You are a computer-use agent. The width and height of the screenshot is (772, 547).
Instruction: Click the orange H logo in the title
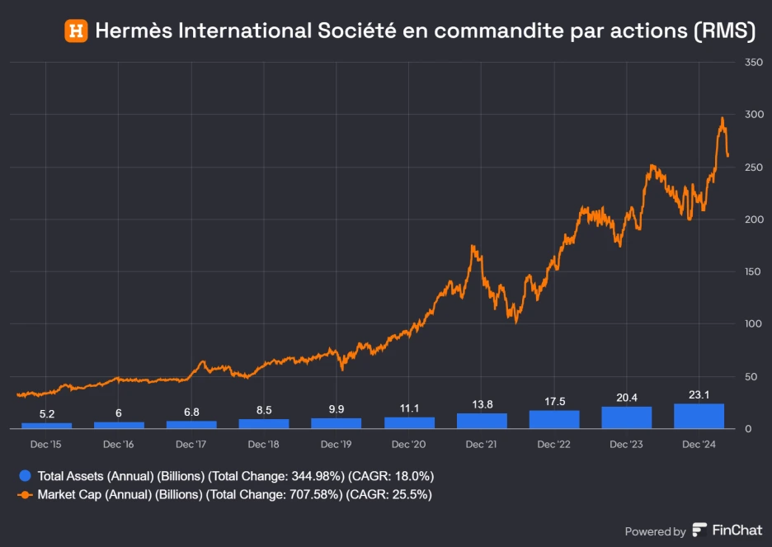click(77, 31)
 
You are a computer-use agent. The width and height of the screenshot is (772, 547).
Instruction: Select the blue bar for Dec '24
click(699, 416)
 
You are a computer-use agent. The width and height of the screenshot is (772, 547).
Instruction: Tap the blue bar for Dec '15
click(46, 425)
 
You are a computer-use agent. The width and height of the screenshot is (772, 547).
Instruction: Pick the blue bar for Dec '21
click(481, 420)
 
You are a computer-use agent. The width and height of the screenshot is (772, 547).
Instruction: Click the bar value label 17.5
click(553, 402)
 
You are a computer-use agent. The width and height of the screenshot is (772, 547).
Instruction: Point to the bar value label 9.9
click(336, 409)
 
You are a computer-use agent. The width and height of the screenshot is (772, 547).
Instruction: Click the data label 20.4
click(626, 398)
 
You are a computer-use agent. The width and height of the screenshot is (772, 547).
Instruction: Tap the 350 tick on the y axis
click(752, 63)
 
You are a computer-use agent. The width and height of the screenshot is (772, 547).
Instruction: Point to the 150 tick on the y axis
click(752, 271)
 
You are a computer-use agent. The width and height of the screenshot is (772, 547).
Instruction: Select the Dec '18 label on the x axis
click(263, 445)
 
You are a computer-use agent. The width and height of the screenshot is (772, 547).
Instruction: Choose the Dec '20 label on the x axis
click(408, 445)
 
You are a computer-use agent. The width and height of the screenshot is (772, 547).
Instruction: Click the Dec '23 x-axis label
click(626, 445)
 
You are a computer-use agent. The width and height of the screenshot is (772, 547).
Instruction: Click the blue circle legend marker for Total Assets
click(25, 476)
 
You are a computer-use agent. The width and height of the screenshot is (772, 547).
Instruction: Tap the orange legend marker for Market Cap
click(25, 495)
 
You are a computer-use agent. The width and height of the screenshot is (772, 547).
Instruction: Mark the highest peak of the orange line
click(723, 118)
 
